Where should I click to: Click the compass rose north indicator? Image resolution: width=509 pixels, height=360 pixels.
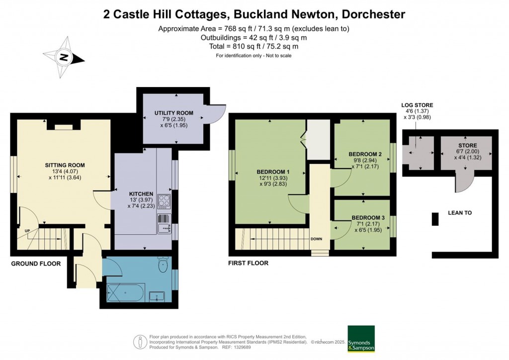click(x=64, y=58)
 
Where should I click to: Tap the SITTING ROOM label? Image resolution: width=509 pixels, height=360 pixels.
click(x=65, y=165)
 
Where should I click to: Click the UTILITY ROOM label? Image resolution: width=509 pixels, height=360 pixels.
click(x=173, y=113)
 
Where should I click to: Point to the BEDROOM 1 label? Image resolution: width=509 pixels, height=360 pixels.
click(x=273, y=172)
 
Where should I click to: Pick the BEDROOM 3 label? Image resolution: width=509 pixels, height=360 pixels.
click(x=368, y=218)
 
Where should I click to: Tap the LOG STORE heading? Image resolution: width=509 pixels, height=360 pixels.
click(x=417, y=105)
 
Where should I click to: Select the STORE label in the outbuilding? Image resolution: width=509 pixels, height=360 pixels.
click(x=467, y=146)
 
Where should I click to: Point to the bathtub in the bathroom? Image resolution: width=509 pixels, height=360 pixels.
click(x=126, y=294)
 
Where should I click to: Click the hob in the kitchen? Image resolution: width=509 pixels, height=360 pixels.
click(x=164, y=201)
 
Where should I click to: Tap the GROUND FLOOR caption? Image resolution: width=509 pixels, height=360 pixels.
click(x=36, y=264)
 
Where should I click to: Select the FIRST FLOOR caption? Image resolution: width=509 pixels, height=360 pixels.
click(x=248, y=263)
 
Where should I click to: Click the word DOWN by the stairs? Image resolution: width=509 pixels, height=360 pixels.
click(x=317, y=239)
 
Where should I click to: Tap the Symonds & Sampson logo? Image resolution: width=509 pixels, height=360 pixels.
click(x=360, y=339)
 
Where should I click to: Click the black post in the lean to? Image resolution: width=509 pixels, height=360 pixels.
click(x=435, y=219)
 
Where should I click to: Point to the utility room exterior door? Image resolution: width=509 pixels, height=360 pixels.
click(x=216, y=112)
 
